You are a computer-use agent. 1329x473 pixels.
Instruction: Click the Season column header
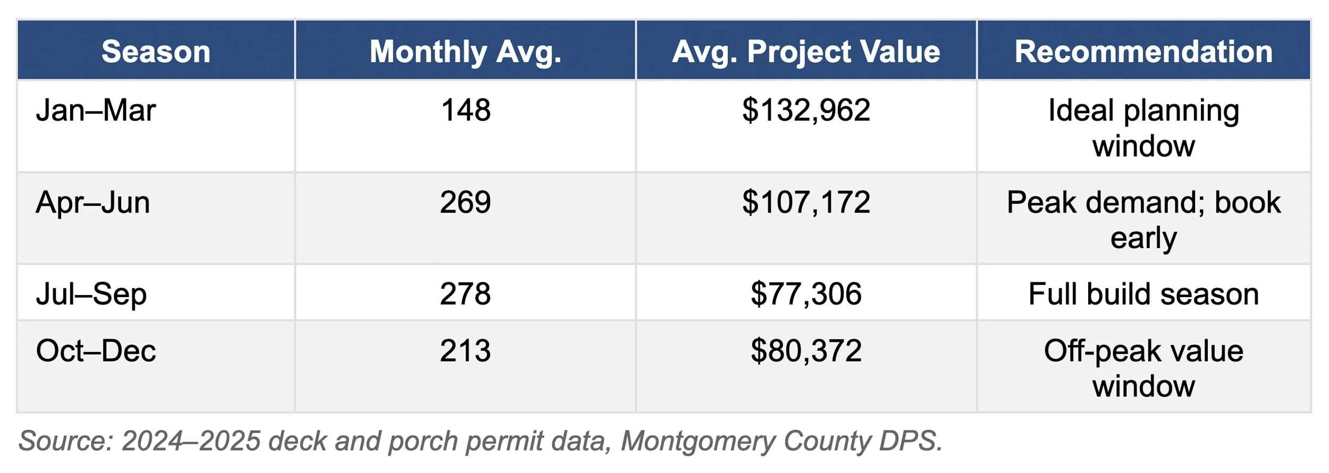156,52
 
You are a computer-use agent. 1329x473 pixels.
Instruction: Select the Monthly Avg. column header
465,52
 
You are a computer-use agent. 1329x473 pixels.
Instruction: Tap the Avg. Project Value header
806,52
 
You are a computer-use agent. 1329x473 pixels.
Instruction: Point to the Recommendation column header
1143,52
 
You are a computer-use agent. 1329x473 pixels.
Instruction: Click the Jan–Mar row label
96,111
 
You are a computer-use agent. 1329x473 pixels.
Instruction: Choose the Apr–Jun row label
92,202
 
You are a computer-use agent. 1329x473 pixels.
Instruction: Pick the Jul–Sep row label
91,294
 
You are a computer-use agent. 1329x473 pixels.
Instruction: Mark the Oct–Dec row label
96,351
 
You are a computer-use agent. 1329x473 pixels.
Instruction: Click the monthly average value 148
465,111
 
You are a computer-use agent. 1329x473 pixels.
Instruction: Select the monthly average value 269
465,202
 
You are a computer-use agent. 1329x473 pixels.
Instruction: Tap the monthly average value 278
465,294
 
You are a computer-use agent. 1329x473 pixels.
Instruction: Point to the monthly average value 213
465,351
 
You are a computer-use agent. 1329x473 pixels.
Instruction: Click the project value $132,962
806,111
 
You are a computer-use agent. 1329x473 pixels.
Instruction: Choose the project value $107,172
806,202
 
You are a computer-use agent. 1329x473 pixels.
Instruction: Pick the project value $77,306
806,294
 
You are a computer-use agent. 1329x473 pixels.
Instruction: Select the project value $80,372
806,351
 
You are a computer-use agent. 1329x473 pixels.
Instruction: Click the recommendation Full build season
1143,294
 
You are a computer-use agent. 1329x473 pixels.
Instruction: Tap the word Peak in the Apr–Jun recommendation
1041,202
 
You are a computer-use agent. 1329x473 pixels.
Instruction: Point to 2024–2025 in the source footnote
191,441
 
